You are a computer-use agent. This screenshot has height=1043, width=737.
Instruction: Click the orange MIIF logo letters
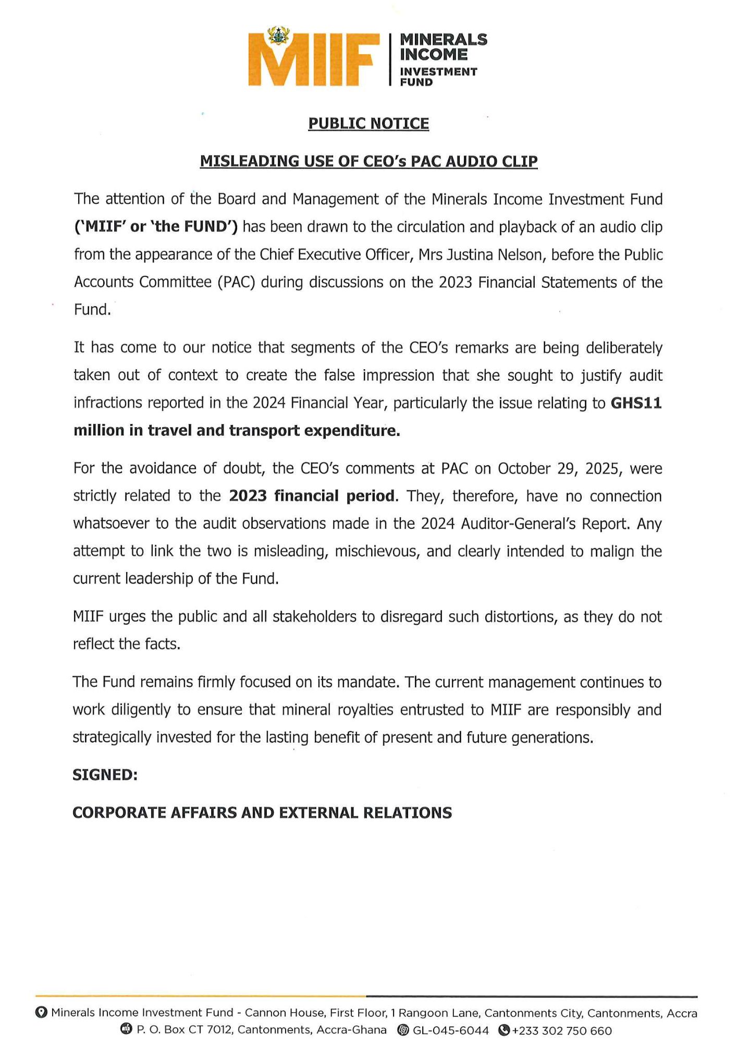click(x=313, y=60)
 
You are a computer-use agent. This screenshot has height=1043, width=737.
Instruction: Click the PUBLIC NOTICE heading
click(x=368, y=124)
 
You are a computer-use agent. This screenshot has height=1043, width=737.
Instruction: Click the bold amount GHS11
click(x=636, y=403)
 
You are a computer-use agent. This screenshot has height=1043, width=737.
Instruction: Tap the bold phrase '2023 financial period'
click(x=312, y=495)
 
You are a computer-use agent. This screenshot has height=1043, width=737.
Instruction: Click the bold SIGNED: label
click(x=105, y=775)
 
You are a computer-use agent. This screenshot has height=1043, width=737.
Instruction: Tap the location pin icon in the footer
click(x=41, y=1012)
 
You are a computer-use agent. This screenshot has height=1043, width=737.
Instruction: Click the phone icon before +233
click(x=503, y=1030)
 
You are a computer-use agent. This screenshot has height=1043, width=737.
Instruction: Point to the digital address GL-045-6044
click(x=451, y=1030)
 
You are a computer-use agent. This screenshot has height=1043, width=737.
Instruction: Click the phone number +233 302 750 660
click(x=562, y=1030)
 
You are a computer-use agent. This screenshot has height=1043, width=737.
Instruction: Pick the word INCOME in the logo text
click(x=434, y=54)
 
